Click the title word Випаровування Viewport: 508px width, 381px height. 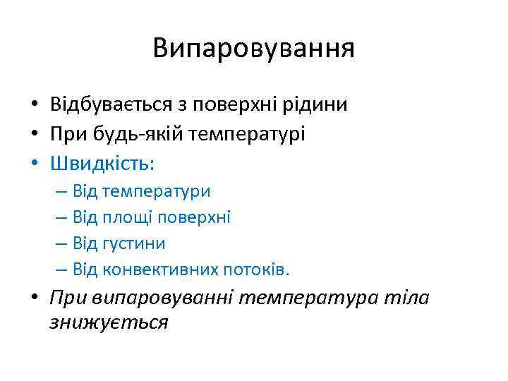(x=253, y=48)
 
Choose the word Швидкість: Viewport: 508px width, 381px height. (x=102, y=164)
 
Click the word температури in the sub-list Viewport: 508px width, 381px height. (x=156, y=191)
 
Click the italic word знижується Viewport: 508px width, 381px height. (x=109, y=322)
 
